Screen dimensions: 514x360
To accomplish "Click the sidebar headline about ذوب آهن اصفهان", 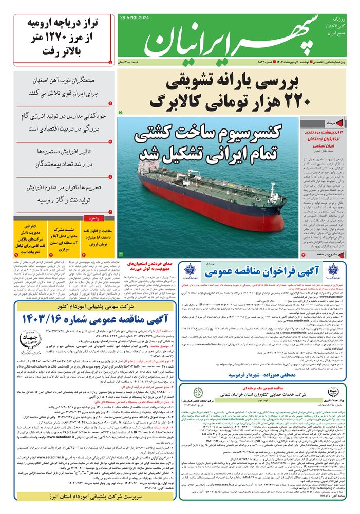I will [x=64, y=88].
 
